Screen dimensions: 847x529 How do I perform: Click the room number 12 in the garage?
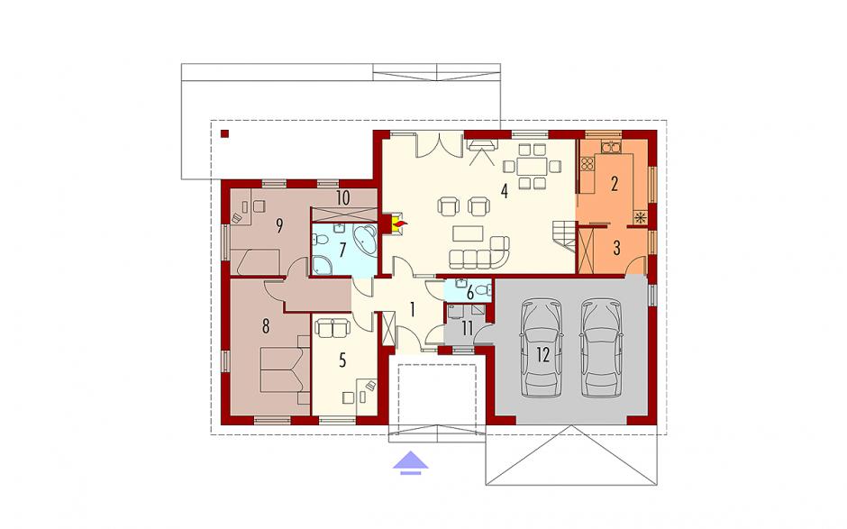[542, 354]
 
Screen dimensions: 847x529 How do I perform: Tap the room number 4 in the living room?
[504, 191]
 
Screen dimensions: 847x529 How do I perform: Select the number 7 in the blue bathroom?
[342, 250]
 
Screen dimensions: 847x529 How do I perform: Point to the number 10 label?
[342, 197]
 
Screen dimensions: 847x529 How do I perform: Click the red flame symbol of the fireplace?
[400, 222]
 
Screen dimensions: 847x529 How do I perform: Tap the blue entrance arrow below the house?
[411, 463]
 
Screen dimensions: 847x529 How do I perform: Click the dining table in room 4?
[532, 166]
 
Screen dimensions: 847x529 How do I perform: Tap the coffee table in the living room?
[468, 233]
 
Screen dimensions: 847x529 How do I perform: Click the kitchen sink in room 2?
[610, 147]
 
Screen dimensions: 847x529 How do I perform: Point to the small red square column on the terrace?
[224, 133]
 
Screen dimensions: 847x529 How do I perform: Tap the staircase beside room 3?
[564, 237]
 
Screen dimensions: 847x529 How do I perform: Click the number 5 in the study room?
[342, 360]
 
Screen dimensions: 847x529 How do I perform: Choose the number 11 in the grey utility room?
[468, 328]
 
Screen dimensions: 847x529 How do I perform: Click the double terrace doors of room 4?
[439, 144]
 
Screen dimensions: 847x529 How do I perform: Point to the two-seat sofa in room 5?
[332, 327]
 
